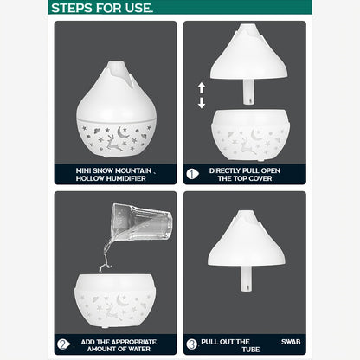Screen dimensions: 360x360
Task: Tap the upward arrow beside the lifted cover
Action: point(202,88)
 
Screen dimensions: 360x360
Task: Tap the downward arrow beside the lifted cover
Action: point(202,103)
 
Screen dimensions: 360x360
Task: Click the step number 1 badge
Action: point(192,174)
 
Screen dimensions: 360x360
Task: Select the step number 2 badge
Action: point(63,344)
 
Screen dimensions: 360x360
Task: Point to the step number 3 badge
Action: point(192,344)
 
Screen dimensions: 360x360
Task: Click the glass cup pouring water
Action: point(141,222)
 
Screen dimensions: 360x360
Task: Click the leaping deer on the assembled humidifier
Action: point(113,143)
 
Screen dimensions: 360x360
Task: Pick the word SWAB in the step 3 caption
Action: point(291,342)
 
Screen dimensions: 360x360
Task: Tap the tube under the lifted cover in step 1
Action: point(248,92)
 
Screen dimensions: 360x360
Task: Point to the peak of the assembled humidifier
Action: point(117,62)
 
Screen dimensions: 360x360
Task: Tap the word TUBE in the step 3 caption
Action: point(251,350)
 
